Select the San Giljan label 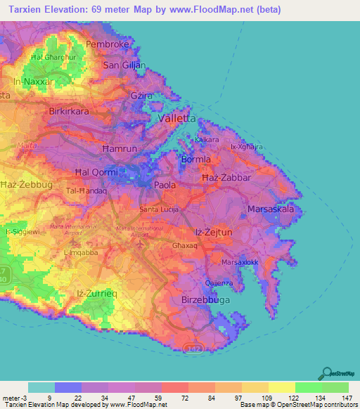(124, 65)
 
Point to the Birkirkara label (71, 112)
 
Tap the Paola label (165, 185)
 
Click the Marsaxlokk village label (242, 262)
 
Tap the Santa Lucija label (160, 209)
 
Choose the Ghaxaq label (184, 247)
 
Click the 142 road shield (193, 348)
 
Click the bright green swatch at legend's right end (335, 387)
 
